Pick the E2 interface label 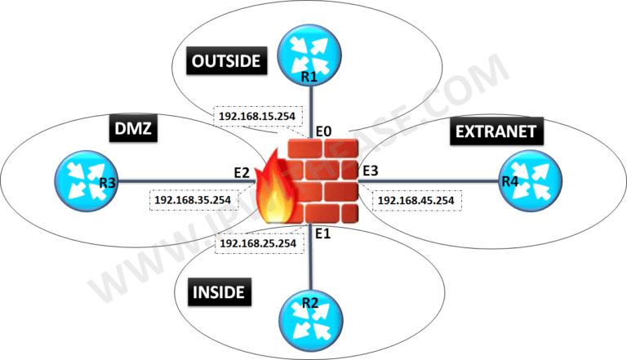pos(241,172)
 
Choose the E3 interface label pos(371,171)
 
